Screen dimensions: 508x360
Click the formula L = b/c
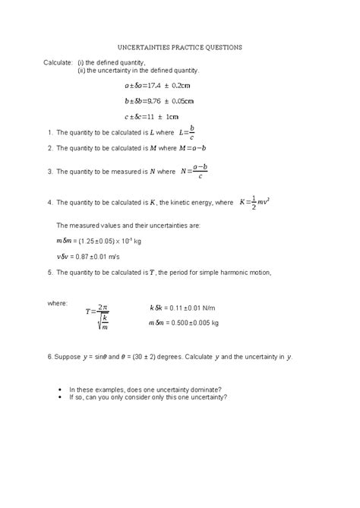tap(186, 133)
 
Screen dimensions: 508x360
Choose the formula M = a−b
tap(193, 148)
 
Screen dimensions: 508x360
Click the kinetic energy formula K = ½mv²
tap(254, 204)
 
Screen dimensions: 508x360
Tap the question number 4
tap(49, 204)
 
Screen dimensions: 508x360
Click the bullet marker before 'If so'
tap(60, 396)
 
